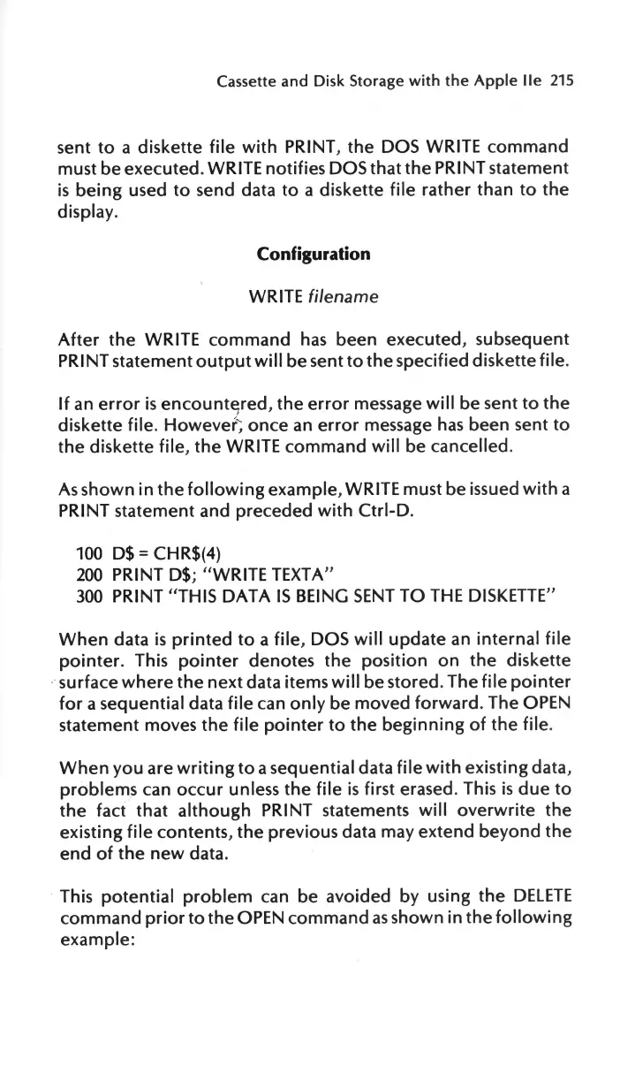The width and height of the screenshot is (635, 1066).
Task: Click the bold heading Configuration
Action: coord(313,254)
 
